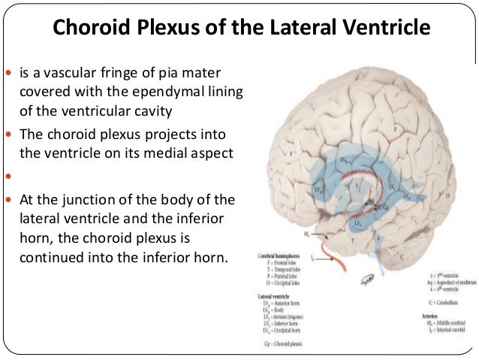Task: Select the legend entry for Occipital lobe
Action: click(279, 285)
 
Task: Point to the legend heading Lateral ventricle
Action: click(270, 298)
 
